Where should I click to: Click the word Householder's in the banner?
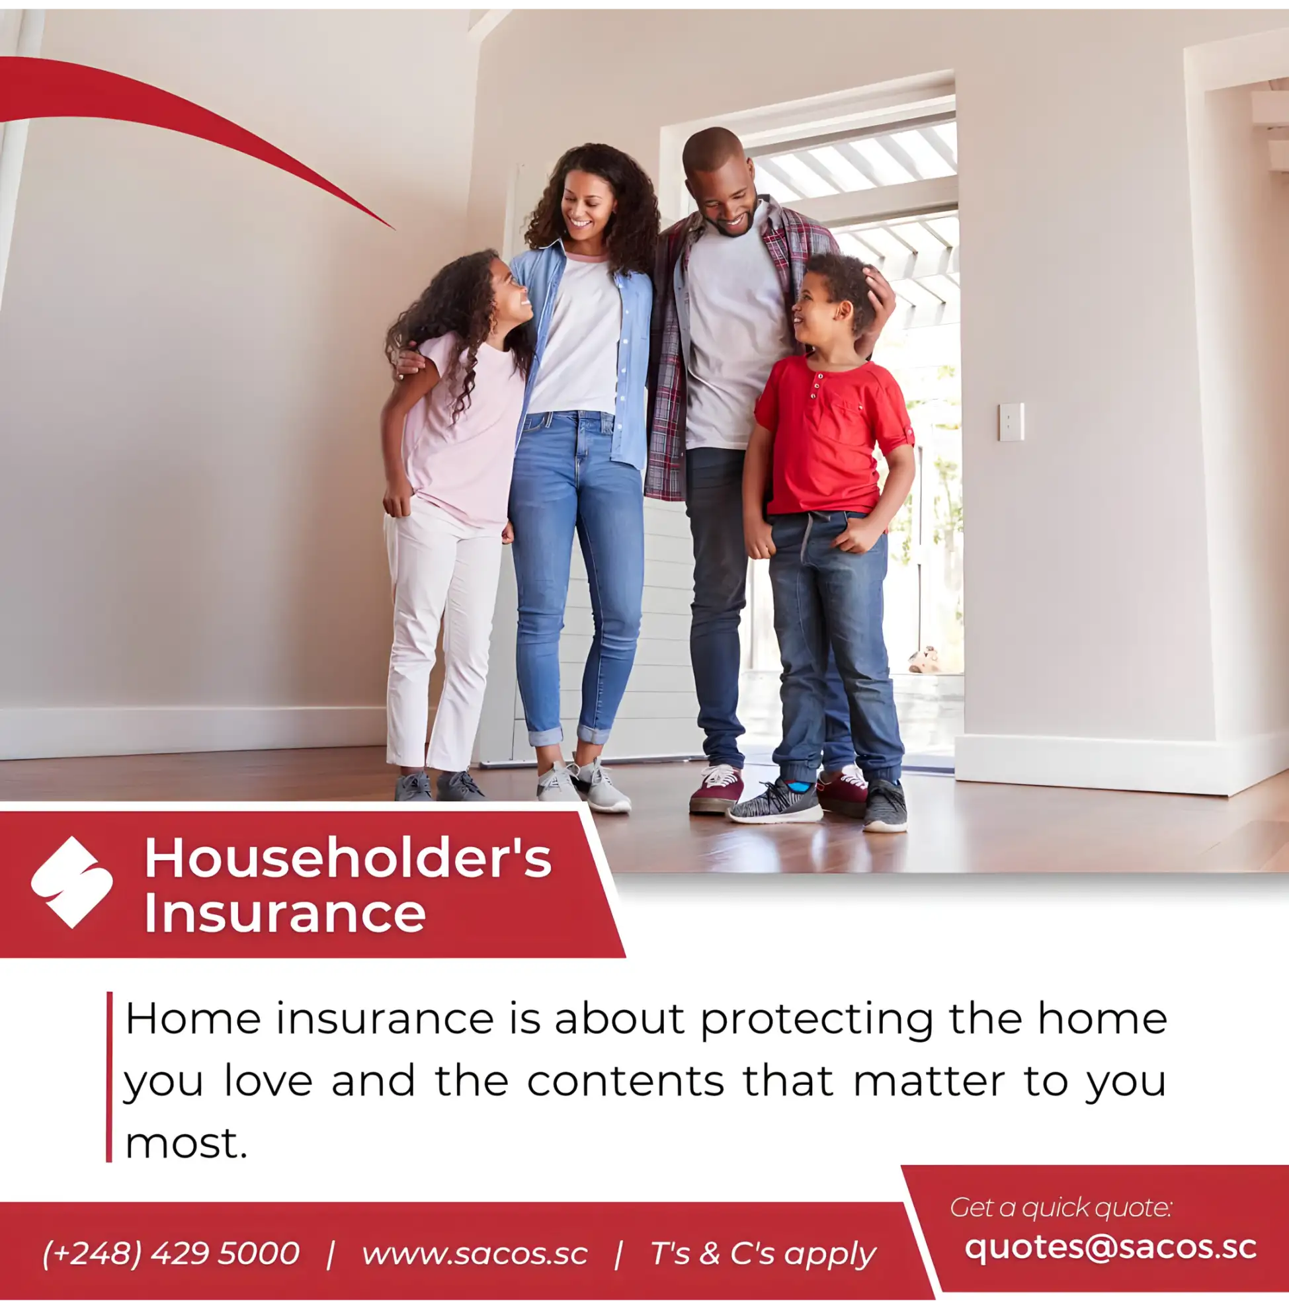[348, 857]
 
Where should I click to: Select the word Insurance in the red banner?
[285, 913]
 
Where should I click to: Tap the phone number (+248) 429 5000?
[171, 1253]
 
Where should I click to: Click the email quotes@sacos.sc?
[1110, 1248]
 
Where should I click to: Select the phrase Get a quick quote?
[1060, 1207]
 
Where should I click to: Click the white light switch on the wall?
[1011, 422]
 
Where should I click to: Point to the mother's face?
[586, 202]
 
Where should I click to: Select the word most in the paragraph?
[186, 1144]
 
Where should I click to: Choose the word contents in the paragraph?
[626, 1081]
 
